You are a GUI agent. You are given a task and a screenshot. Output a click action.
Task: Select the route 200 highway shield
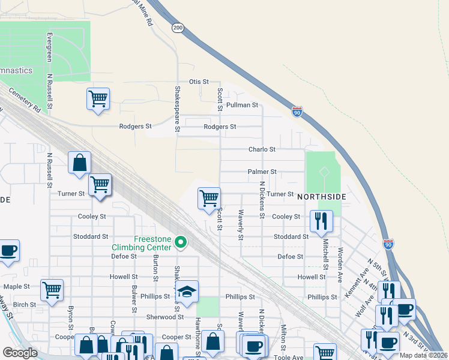(x=177, y=28)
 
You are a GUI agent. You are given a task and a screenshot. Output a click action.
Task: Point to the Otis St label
(x=198, y=82)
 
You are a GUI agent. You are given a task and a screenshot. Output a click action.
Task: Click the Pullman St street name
(x=242, y=105)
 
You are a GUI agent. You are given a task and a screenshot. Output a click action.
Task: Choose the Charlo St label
(x=262, y=149)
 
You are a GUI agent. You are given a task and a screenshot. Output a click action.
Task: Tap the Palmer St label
(x=262, y=172)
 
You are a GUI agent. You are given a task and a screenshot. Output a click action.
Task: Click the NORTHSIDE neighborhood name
(x=321, y=197)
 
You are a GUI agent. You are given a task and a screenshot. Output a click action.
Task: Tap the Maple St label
(x=17, y=286)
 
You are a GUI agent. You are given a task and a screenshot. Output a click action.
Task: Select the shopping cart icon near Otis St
(x=98, y=98)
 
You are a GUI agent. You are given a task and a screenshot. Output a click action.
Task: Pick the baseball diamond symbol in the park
(x=324, y=172)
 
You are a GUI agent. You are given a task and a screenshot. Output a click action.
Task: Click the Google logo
(x=20, y=353)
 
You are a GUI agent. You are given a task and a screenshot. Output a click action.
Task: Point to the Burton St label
(x=155, y=268)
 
